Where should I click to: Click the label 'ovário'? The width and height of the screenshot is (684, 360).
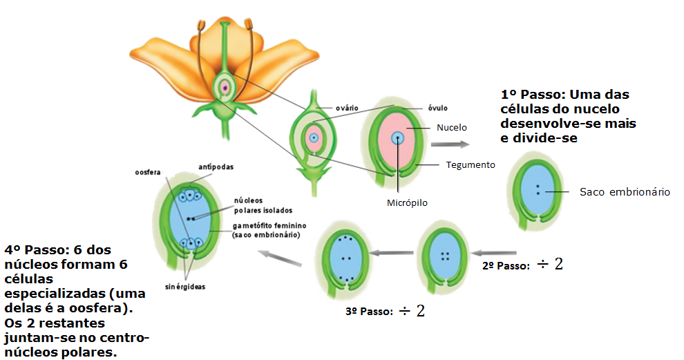click(347, 108)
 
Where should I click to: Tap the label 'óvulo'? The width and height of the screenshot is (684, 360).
click(437, 108)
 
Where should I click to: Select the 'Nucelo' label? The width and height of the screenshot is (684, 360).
click(451, 127)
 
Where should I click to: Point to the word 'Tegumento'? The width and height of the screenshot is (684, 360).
click(471, 164)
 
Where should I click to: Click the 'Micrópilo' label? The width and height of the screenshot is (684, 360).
click(407, 202)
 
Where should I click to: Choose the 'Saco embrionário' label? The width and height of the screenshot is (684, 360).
click(625, 192)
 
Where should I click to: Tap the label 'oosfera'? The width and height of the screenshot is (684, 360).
click(147, 172)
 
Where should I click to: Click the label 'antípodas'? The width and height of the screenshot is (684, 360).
click(216, 167)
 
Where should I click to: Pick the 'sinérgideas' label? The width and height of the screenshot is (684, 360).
click(185, 287)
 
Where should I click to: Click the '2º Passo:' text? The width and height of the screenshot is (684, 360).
click(506, 266)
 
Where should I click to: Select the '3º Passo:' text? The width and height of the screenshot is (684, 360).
click(369, 312)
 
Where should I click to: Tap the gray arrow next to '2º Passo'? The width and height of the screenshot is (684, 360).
click(494, 253)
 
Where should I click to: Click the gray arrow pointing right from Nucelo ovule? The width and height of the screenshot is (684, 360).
click(450, 144)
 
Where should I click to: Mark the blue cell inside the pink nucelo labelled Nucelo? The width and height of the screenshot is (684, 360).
click(397, 138)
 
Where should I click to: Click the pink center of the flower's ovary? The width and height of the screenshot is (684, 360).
click(225, 87)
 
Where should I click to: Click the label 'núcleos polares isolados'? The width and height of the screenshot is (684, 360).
click(263, 205)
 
